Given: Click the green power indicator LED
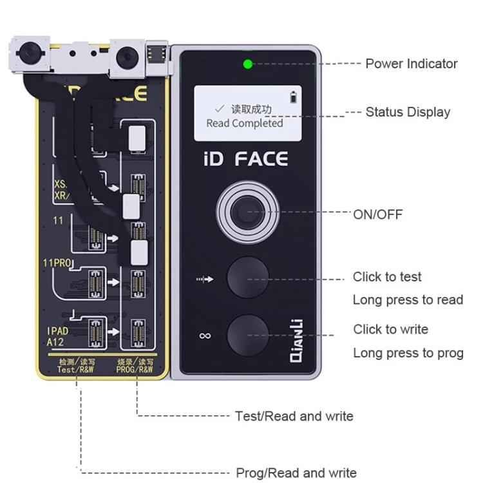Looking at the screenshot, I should point(247,64).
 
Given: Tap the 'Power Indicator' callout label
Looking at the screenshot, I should point(411,64).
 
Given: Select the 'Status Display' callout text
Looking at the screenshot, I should point(408,112).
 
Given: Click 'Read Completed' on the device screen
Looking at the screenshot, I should point(244,123).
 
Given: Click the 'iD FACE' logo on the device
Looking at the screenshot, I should point(245,158).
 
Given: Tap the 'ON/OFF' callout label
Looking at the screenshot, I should point(377,214).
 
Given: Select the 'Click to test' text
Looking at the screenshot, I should point(387,277).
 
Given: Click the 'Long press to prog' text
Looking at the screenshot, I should point(408,353).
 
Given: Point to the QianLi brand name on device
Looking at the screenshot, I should point(298,342).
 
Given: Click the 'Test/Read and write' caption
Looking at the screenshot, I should point(294,416).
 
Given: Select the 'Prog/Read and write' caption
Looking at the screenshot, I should point(296,473).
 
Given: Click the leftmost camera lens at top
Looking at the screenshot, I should point(30,55).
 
